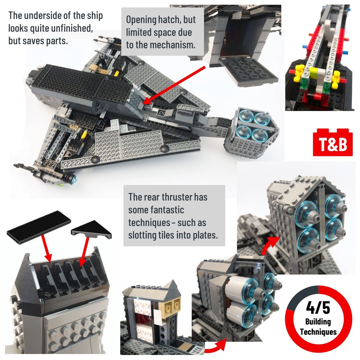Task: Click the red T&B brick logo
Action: coord(333,143)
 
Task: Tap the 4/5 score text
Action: coord(318,307)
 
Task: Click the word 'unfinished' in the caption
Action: coord(72,28)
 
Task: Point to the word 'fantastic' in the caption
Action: coord(156,210)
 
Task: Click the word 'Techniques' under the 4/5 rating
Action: coord(318,332)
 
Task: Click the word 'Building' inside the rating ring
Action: coord(318,322)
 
